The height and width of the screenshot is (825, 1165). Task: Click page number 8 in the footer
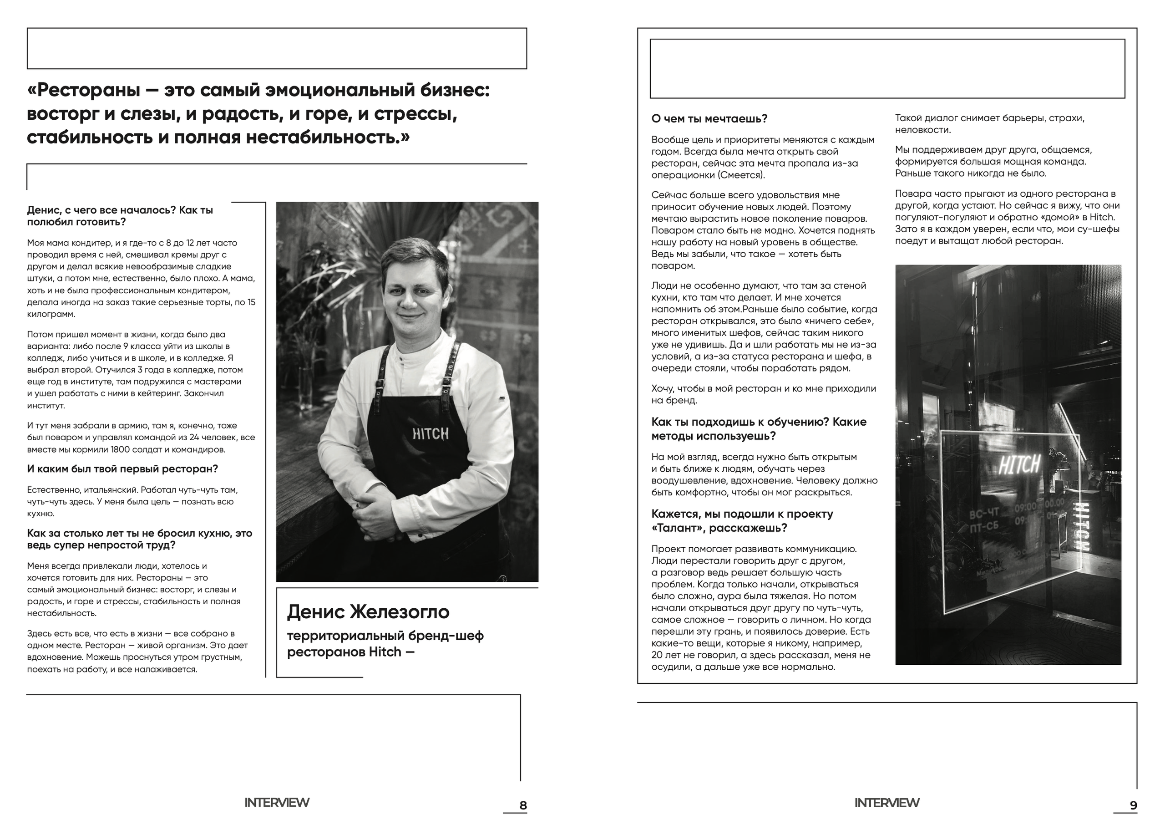[x=523, y=805]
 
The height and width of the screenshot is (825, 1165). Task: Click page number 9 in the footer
[x=1133, y=805]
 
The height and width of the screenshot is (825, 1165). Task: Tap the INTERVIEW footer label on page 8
[x=277, y=803]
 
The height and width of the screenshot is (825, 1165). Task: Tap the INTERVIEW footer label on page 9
[x=886, y=803]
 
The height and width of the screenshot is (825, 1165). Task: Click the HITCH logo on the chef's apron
[x=430, y=433]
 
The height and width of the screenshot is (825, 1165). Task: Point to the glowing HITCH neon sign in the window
[x=1019, y=464]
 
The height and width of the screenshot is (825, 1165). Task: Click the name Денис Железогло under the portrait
[x=368, y=611]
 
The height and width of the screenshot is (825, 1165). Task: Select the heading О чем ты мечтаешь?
[x=709, y=119]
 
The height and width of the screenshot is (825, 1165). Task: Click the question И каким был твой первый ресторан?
[x=122, y=469]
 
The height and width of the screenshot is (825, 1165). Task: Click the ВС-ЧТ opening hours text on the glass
[x=984, y=514]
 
